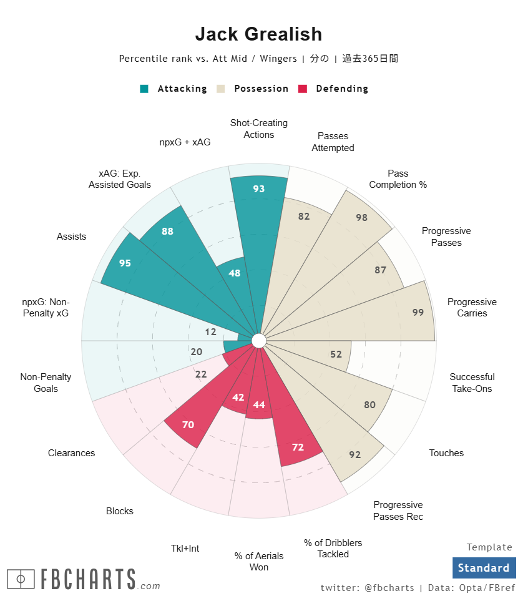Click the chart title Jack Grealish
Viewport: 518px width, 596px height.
pos(258,34)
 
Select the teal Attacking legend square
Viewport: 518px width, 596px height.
pos(144,89)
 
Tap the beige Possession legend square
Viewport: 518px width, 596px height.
pos(220,89)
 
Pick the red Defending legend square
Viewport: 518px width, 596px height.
pos(303,89)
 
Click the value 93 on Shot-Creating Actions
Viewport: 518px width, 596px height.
pos(259,188)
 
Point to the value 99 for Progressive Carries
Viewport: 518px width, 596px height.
pos(418,312)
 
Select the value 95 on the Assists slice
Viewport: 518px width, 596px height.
pos(125,263)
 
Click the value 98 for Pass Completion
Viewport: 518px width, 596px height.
pos(361,218)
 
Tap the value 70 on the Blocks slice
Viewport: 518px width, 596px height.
pos(188,425)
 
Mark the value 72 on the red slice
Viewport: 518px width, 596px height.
pos(298,447)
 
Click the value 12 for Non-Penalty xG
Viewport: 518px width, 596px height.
pos(210,332)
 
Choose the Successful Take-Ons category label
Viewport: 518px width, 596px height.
pos(472,383)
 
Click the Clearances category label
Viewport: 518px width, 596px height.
pos(71,453)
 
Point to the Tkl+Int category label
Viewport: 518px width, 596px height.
pos(185,549)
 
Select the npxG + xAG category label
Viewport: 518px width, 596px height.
pos(185,142)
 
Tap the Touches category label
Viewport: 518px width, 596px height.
pos(446,453)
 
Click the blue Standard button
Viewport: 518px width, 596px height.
pos(484,568)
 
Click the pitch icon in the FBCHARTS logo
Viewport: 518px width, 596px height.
pos(21,579)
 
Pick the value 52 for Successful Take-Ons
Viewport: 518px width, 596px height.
pos(336,354)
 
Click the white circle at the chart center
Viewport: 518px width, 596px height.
pos(258,340)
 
